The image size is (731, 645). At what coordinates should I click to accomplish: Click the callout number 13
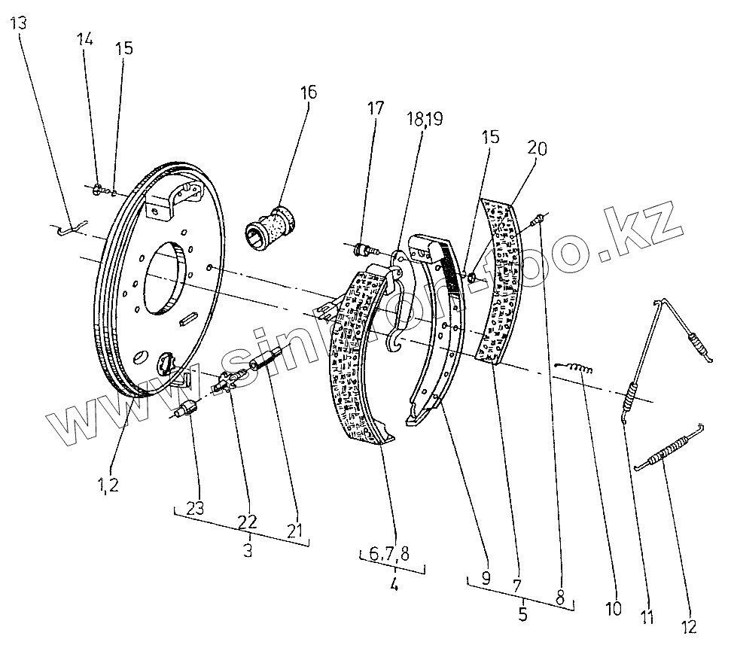point(19,22)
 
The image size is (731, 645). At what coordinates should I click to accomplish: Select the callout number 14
point(84,40)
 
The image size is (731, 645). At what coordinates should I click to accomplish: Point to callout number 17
point(377,108)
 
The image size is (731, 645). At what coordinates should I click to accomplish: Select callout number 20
point(537,148)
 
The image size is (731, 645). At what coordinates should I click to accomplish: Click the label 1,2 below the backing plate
point(108,484)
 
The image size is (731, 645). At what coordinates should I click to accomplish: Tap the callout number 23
point(195,508)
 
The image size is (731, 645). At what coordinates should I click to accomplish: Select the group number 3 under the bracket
point(247,550)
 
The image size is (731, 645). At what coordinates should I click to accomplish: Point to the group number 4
point(394,583)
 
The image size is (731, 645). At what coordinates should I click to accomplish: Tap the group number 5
point(522,613)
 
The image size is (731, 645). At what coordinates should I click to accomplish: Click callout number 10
point(614,607)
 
